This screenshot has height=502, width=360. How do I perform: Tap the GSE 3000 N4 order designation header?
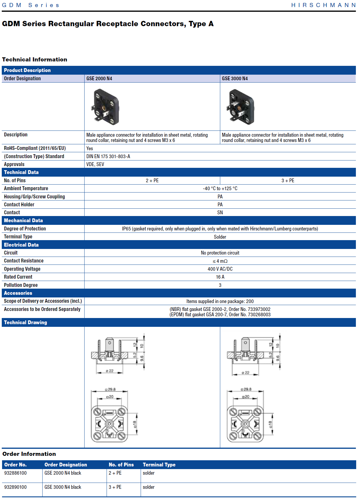click(235, 78)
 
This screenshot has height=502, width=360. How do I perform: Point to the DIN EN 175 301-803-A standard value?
click(108, 156)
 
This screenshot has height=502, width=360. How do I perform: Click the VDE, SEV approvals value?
click(95, 164)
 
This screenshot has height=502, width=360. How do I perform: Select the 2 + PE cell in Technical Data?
click(152, 180)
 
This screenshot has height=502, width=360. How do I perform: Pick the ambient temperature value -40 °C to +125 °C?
click(220, 188)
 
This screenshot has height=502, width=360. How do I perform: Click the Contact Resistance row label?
click(24, 261)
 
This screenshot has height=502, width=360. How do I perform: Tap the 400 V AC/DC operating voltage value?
click(220, 269)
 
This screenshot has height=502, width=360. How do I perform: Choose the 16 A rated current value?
click(220, 277)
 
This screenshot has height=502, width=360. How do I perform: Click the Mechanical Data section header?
click(23, 220)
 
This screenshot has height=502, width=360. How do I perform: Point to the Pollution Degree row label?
click(21, 285)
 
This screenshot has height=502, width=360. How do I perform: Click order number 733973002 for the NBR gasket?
click(259, 309)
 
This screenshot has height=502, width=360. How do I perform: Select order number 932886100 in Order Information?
click(16, 473)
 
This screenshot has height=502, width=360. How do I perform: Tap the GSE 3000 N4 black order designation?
click(63, 487)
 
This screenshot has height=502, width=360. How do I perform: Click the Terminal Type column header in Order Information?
click(159, 465)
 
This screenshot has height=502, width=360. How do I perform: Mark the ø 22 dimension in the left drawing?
click(110, 371)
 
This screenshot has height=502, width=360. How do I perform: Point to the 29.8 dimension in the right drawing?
click(246, 389)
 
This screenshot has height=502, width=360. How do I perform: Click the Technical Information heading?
click(35, 60)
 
